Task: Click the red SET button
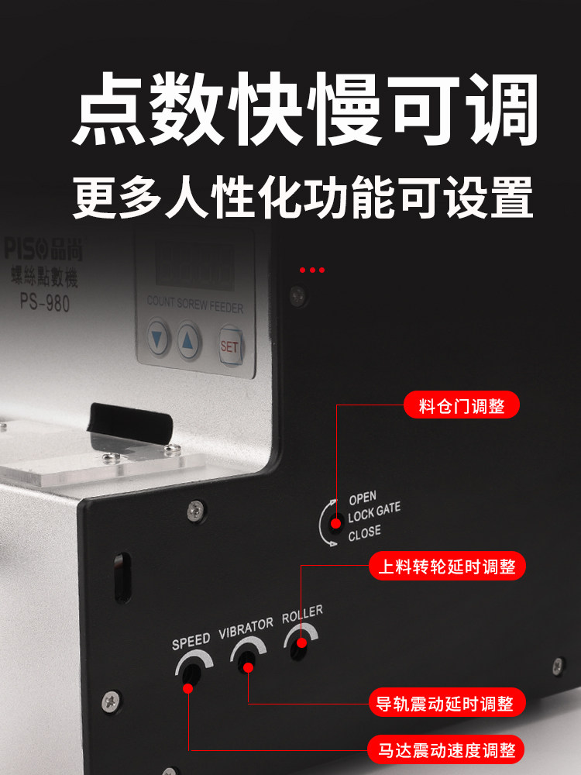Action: pyautogui.click(x=229, y=346)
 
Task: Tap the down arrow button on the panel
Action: pyautogui.click(x=160, y=339)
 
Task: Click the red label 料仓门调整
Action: pyautogui.click(x=462, y=406)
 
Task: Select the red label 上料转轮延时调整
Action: pyautogui.click(x=449, y=567)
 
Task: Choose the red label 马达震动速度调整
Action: pyautogui.click(x=447, y=750)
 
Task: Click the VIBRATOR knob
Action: pyautogui.click(x=246, y=660)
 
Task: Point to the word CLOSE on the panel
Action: pyautogui.click(x=364, y=533)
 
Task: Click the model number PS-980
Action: pyautogui.click(x=45, y=302)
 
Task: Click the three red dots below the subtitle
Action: pyautogui.click(x=312, y=270)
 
